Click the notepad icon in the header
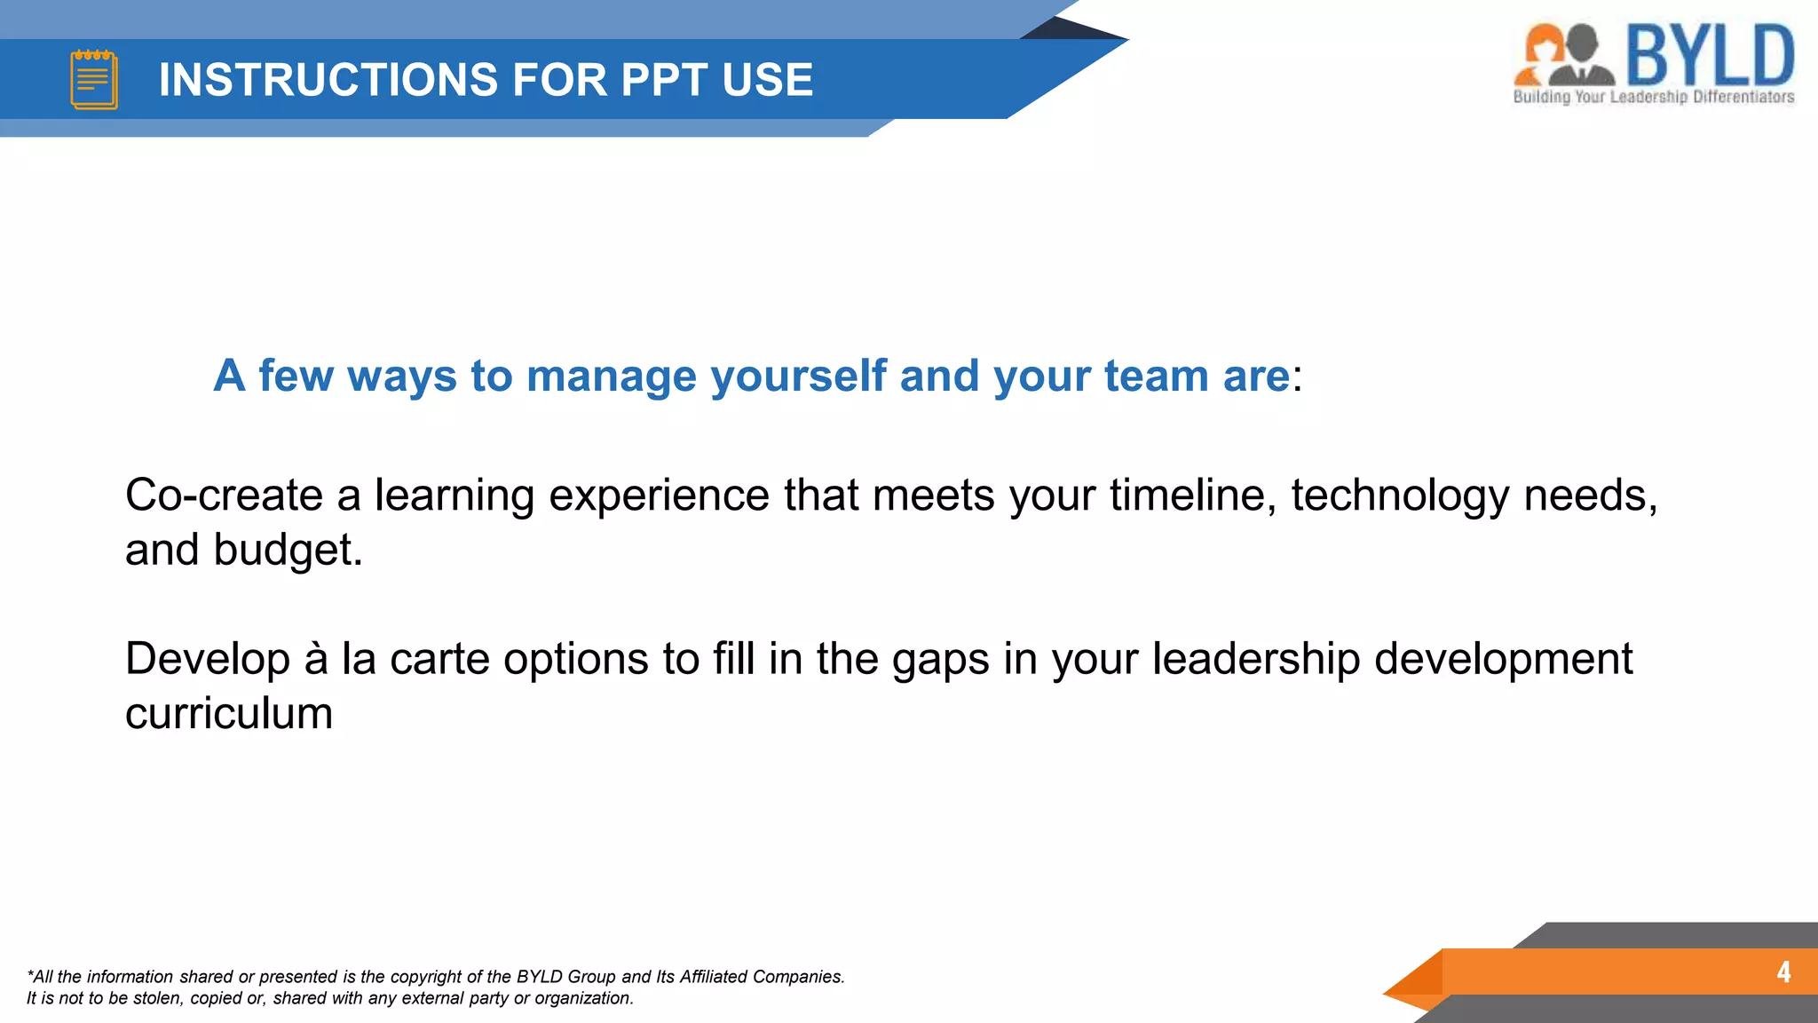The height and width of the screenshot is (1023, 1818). click(x=94, y=80)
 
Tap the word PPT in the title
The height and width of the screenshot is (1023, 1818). click(x=664, y=80)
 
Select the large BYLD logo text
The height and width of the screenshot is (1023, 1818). click(x=1710, y=55)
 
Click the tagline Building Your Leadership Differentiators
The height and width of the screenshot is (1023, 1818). click(x=1653, y=97)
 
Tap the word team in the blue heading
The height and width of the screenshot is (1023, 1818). click(x=1156, y=377)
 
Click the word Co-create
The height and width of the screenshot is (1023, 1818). click(x=224, y=495)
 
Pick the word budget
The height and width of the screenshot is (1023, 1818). click(x=288, y=550)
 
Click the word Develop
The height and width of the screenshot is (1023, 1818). click(x=208, y=659)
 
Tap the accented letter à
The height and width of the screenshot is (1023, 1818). click(x=316, y=659)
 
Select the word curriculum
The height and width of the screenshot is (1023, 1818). click(x=229, y=714)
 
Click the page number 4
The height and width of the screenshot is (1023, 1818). click(x=1783, y=971)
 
